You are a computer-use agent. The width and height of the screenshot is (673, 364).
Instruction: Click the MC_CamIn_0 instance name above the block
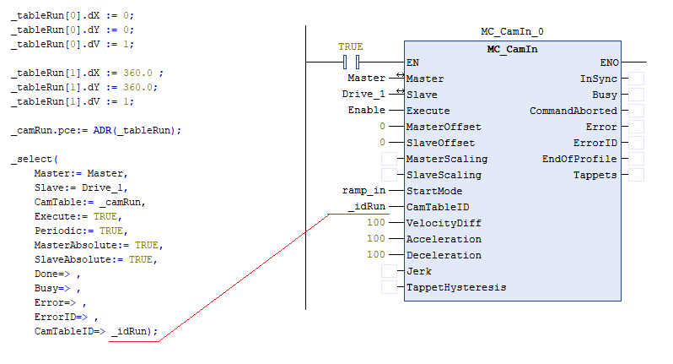[512, 32]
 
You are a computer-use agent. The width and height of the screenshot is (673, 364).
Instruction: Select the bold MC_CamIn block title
[512, 48]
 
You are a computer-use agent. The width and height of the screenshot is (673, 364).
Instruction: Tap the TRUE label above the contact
[351, 46]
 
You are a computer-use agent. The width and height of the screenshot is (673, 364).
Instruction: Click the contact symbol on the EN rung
[352, 62]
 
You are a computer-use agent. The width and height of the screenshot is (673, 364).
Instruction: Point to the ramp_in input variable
[366, 191]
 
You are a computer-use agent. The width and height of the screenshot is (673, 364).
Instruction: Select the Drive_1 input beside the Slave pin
[364, 95]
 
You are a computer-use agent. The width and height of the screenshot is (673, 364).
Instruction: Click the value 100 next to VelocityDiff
[376, 223]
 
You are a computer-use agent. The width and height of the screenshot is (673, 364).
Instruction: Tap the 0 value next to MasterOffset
[382, 127]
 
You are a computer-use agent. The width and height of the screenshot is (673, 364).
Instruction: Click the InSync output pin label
[598, 79]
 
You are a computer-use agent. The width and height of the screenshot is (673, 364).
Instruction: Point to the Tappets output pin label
[595, 175]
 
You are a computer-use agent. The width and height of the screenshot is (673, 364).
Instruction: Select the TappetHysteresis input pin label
[455, 287]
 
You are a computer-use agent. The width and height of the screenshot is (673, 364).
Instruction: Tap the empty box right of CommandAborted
[638, 111]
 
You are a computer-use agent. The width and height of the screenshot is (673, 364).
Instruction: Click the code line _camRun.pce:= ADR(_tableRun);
[96, 130]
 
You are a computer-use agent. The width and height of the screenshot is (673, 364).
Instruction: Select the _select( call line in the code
[35, 159]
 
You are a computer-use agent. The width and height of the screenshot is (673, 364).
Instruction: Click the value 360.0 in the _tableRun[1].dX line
[138, 73]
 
